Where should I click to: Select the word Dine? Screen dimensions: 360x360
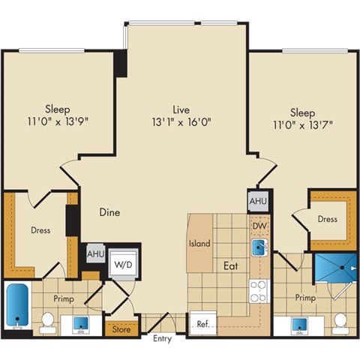point(109,212)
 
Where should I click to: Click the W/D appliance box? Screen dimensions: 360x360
point(121,263)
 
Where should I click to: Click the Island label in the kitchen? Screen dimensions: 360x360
point(199,244)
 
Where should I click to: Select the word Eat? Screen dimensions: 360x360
point(229,265)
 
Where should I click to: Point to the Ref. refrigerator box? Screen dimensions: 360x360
point(202,325)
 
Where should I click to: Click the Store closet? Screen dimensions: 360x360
point(121,328)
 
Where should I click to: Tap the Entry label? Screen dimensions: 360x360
point(161,339)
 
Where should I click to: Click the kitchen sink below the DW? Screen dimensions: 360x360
point(259,246)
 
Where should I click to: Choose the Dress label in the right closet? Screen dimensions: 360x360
point(327,219)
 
